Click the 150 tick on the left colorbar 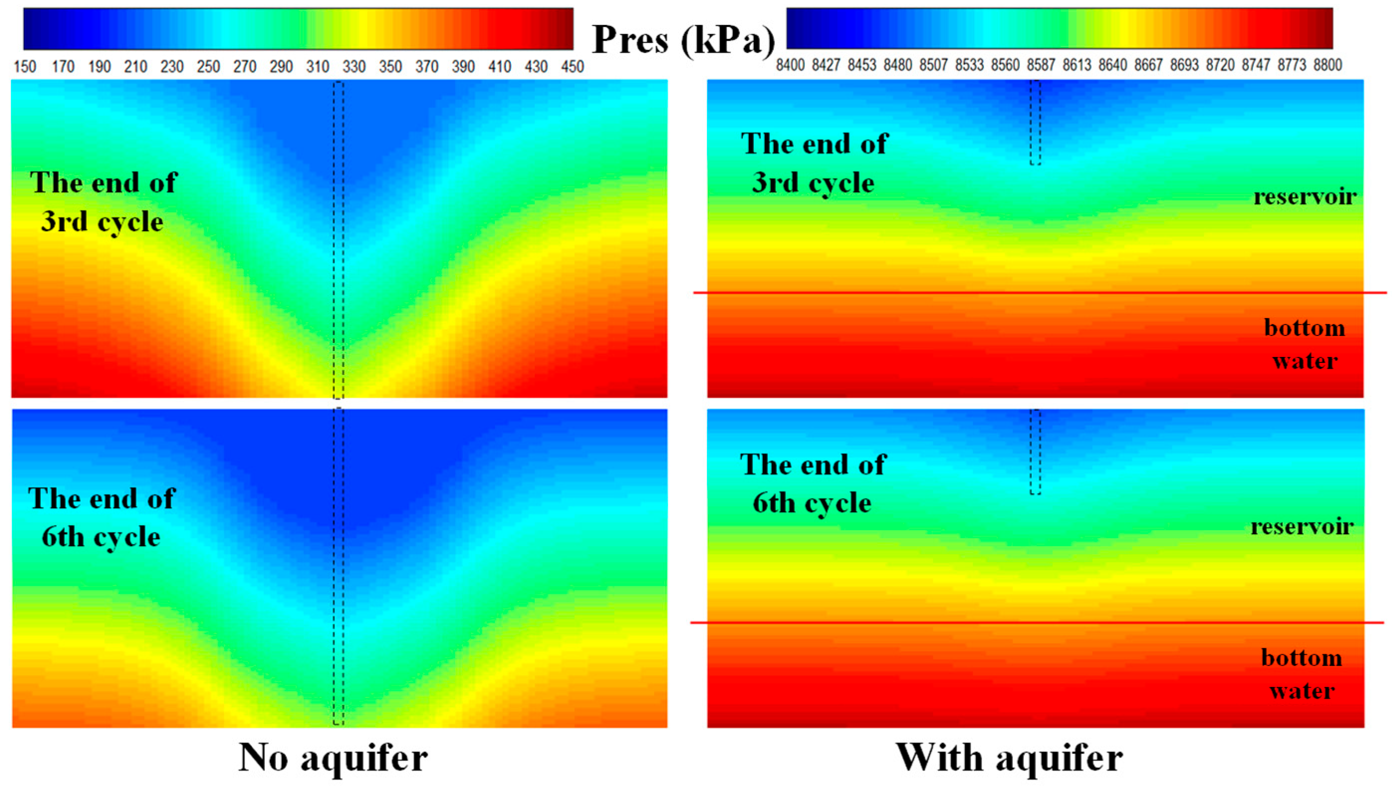25,67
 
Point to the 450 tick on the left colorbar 573,67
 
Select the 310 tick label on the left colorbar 318,67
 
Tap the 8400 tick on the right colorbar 790,65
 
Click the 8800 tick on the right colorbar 1328,65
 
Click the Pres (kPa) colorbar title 684,40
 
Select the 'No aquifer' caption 333,757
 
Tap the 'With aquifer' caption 1009,757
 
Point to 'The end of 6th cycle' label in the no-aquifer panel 102,517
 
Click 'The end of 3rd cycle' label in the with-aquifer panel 814,163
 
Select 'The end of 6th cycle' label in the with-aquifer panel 813,483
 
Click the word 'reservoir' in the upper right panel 1305,197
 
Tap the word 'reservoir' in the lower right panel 1302,526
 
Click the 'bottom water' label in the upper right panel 1305,344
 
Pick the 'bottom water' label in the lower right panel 1301,675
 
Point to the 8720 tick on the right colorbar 1220,65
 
